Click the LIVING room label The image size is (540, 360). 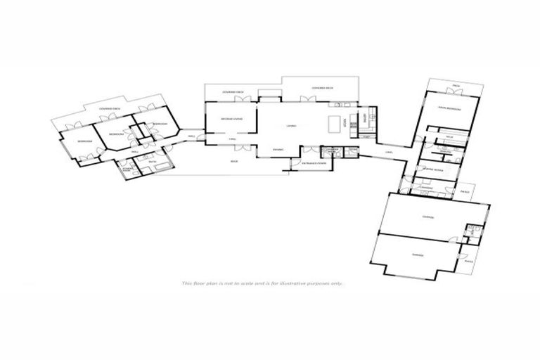(x=290, y=127)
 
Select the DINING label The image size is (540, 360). (x=278, y=149)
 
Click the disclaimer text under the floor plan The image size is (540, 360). (x=262, y=283)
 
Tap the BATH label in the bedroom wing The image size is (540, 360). (x=152, y=163)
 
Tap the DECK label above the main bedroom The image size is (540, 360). (x=455, y=85)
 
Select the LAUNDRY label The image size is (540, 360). (x=425, y=188)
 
